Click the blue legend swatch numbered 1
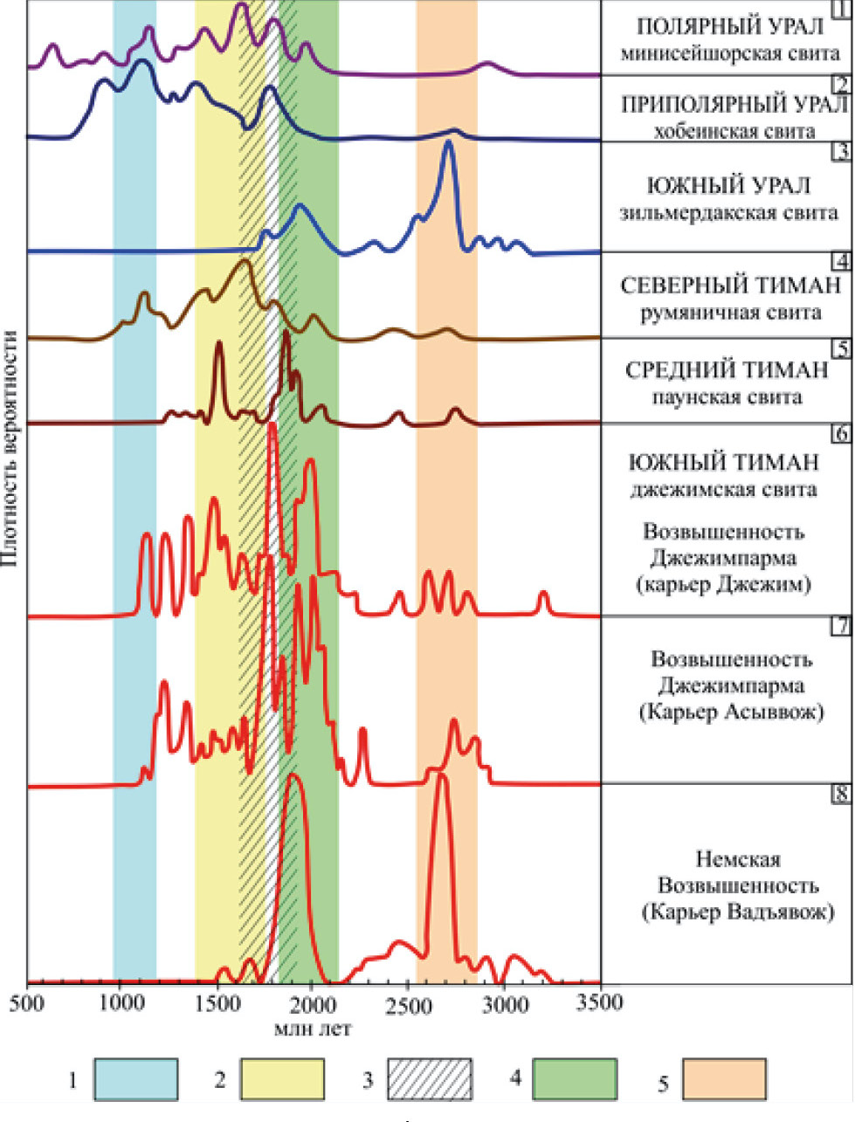click(x=135, y=1079)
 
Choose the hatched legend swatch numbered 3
click(x=428, y=1079)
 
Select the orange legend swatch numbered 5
click(x=723, y=1079)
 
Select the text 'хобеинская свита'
click(x=727, y=132)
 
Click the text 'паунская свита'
click(x=727, y=397)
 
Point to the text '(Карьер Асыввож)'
click(x=731, y=712)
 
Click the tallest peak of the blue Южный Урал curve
click(x=449, y=143)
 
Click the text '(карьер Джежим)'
click(x=725, y=583)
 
